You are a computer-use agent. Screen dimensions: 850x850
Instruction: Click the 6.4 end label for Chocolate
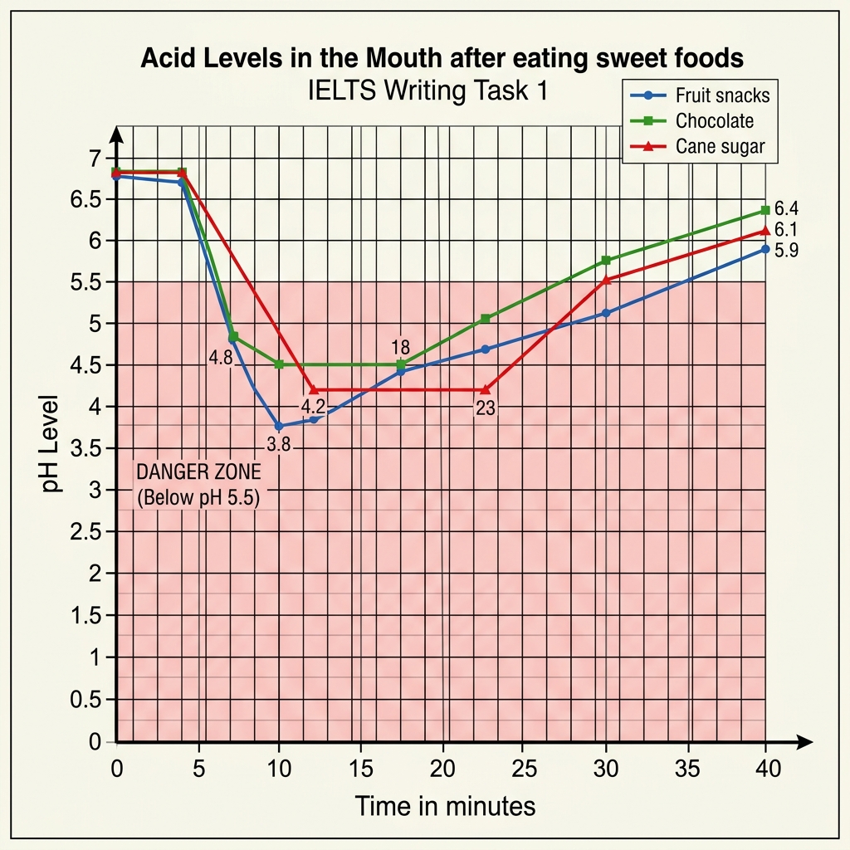(785, 208)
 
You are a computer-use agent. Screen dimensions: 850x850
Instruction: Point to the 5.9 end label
(785, 250)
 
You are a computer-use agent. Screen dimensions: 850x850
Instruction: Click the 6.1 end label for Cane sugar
(785, 229)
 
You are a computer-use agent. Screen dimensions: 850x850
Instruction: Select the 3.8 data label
(279, 444)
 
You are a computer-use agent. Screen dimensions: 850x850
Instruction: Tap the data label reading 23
(486, 408)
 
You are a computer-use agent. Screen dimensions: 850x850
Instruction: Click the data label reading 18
(401, 347)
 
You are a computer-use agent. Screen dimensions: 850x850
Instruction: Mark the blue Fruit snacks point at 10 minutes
(279, 426)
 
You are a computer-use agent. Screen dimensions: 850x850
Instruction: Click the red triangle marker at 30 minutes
(606, 280)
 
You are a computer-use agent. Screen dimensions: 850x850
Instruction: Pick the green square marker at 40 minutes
(765, 210)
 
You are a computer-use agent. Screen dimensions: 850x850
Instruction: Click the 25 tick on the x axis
(525, 769)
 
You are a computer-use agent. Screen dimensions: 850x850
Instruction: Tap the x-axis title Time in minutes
(445, 806)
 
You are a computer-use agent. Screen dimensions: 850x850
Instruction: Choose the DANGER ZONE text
(198, 471)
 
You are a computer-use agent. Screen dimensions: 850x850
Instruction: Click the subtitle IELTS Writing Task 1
(427, 90)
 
